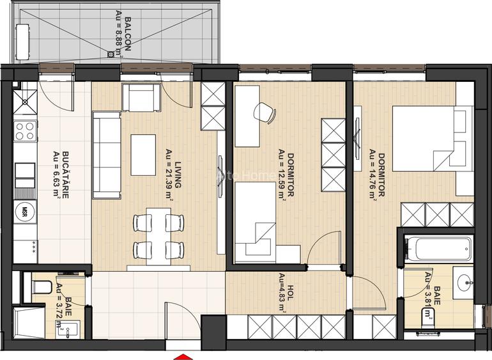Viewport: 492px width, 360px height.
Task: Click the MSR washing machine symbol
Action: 25,211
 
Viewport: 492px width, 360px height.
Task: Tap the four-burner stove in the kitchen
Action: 25,132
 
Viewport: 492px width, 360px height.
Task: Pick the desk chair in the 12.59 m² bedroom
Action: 264,113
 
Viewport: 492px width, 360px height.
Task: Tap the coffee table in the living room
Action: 144,154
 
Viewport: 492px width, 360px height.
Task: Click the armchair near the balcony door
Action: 140,97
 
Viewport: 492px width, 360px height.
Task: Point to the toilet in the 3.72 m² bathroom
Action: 41,287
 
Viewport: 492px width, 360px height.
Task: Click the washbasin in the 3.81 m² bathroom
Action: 464,281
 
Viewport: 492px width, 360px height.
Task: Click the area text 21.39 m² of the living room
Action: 169,175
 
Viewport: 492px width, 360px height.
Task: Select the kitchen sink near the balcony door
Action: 26,98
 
